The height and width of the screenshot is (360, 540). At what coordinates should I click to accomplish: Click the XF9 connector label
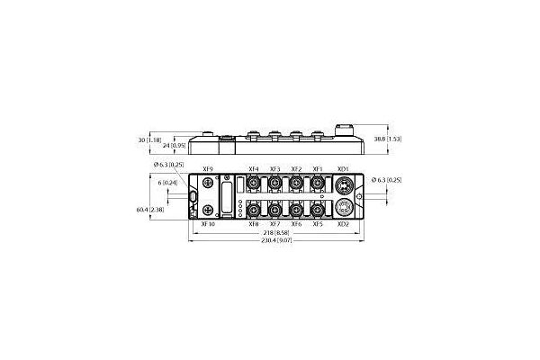click(x=209, y=169)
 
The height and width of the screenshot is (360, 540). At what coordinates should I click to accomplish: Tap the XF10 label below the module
click(x=208, y=224)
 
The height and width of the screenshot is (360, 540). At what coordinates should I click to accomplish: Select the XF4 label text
click(x=253, y=169)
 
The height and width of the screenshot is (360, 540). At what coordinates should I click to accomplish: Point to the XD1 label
click(x=342, y=169)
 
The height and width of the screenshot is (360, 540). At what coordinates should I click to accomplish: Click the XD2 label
click(x=342, y=224)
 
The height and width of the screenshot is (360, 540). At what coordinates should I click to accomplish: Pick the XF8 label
click(x=253, y=224)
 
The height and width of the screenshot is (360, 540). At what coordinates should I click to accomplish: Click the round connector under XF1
click(x=318, y=184)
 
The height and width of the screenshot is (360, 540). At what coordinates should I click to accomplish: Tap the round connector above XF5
click(x=318, y=210)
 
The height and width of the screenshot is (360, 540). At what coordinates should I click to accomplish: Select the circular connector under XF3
click(x=274, y=184)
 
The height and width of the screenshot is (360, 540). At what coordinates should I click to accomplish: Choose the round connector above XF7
click(x=274, y=210)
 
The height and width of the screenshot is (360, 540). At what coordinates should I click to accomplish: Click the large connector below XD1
click(x=342, y=186)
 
